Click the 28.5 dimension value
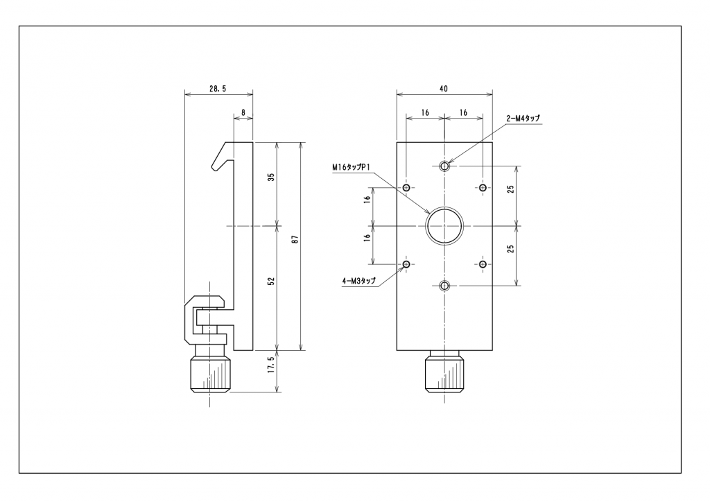[217, 89]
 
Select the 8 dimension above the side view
[243, 112]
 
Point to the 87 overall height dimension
[295, 239]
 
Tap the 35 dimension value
[271, 177]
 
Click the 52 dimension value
[271, 281]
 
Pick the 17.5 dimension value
[271, 365]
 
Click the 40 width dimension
[443, 89]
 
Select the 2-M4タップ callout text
[523, 118]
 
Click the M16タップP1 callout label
[352, 168]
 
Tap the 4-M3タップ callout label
[359, 281]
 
